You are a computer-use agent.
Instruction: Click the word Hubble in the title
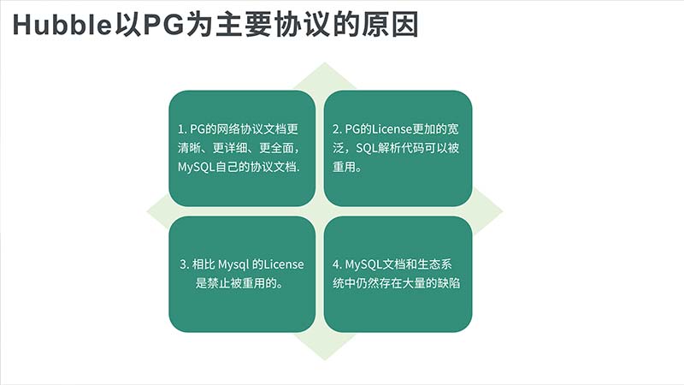tap(62, 25)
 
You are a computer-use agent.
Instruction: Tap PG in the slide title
tap(163, 25)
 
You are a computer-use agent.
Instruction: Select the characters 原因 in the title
tap(391, 25)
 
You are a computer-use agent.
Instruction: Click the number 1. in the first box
tap(182, 129)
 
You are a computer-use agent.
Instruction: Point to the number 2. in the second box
tap(337, 129)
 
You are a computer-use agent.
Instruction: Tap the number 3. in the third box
tap(184, 264)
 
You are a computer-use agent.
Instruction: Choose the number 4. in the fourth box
tap(337, 264)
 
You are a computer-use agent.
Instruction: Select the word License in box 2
tap(392, 129)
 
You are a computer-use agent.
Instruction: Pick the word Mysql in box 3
tap(233, 265)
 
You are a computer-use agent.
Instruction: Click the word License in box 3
tap(284, 264)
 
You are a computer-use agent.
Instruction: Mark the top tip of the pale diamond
tap(325, 62)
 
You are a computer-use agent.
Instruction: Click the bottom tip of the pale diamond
tap(325, 360)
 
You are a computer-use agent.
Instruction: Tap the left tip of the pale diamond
tap(147, 211)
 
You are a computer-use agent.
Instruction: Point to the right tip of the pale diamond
tap(503, 211)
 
